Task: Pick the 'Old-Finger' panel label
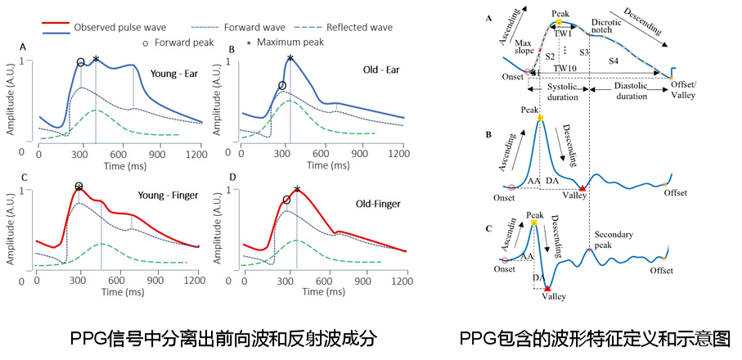pos(378,205)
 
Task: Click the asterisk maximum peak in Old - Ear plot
pos(290,59)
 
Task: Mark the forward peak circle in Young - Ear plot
pos(80,62)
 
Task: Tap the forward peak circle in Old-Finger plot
pos(286,200)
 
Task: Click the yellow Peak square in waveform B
pos(540,117)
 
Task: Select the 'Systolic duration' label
pos(562,92)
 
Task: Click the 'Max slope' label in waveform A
pos(524,47)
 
